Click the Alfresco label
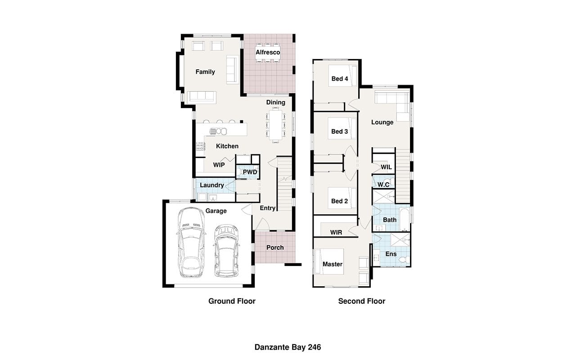268,52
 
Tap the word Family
205,72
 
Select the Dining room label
276,102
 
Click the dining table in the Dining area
276,125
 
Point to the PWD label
250,172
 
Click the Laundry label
212,185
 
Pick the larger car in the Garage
191,243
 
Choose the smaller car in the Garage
226,251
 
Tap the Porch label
275,247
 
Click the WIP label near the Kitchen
219,165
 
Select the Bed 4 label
340,79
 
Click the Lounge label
382,122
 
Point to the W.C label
383,184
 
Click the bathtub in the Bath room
405,220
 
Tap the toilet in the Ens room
404,260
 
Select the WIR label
336,233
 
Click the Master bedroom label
333,264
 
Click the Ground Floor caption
232,301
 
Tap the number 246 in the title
315,347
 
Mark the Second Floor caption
361,301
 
